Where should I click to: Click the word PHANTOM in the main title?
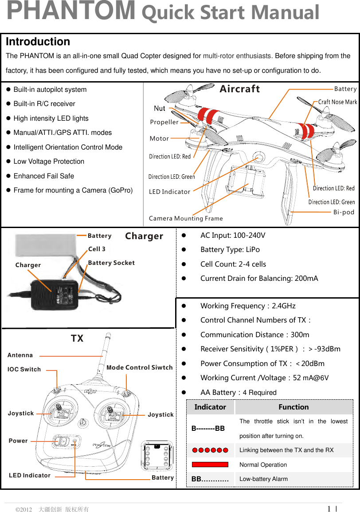click(x=71, y=12)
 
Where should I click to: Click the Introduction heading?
click(x=38, y=42)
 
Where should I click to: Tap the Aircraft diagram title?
click(x=240, y=89)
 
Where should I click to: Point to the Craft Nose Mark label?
click(x=337, y=102)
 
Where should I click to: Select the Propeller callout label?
click(x=164, y=122)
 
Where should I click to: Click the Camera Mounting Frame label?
click(x=186, y=218)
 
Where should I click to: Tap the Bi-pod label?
click(x=344, y=212)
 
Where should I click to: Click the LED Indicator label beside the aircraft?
click(x=169, y=192)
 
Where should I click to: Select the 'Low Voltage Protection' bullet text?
click(x=49, y=161)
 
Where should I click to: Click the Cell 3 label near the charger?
click(x=97, y=249)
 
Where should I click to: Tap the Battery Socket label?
click(x=111, y=263)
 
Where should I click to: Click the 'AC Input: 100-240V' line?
click(x=233, y=235)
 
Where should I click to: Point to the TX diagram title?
click(x=77, y=339)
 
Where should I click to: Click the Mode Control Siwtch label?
click(x=140, y=367)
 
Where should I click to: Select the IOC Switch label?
click(x=24, y=369)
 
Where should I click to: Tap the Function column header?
click(x=293, y=407)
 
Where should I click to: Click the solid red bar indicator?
click(x=210, y=465)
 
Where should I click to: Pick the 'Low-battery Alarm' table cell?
click(x=263, y=479)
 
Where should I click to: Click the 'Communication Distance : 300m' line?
click(x=255, y=335)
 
